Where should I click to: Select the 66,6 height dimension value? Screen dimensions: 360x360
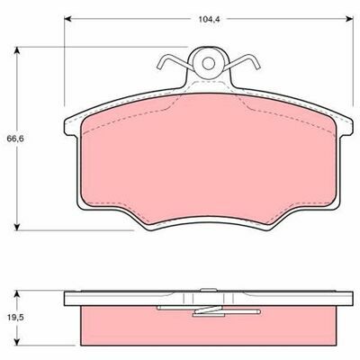[14, 139]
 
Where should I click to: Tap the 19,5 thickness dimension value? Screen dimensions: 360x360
[14, 317]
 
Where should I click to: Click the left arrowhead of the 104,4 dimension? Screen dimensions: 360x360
[67, 19]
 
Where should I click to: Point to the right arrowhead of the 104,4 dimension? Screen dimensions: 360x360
[349, 19]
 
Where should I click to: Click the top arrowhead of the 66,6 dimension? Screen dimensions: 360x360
[17, 50]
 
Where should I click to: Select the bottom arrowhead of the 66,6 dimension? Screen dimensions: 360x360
[17, 227]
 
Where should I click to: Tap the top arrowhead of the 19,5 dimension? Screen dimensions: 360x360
[17, 294]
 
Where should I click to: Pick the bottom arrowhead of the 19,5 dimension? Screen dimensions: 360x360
[17, 341]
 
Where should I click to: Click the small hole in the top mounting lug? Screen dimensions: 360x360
[208, 63]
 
